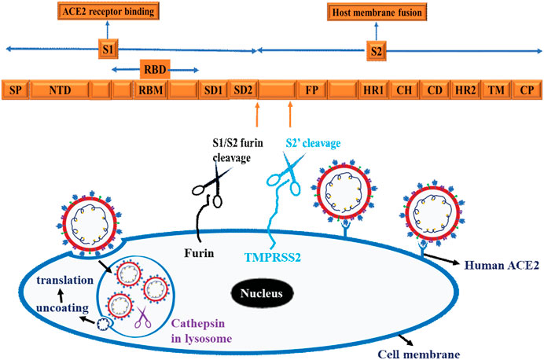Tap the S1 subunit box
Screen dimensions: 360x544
pyautogui.click(x=108, y=50)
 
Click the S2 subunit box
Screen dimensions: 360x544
pyautogui.click(x=376, y=50)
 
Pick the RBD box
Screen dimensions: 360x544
pyautogui.click(x=154, y=69)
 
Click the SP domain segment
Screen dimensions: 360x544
pyautogui.click(x=15, y=90)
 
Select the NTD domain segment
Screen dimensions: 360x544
pyautogui.click(x=60, y=90)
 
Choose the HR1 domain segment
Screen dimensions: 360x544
pyautogui.click(x=373, y=90)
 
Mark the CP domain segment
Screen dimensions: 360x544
pyautogui.click(x=526, y=90)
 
